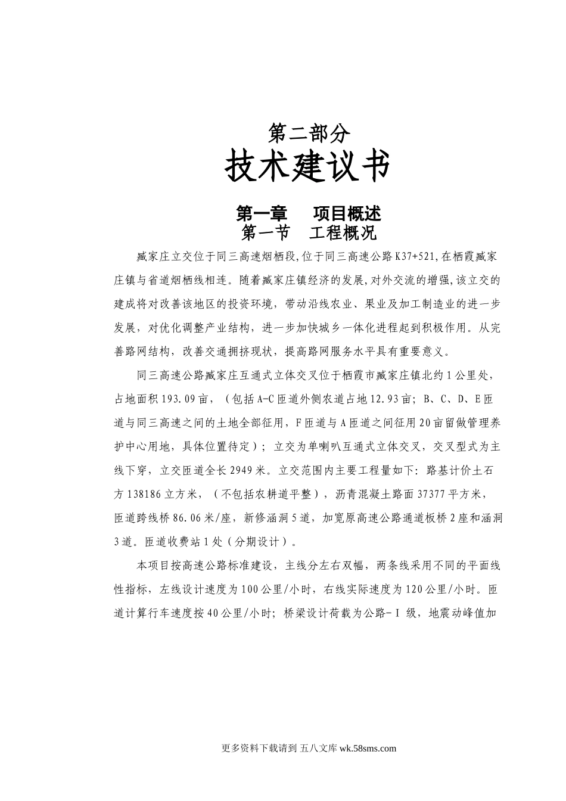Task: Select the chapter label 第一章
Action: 262,213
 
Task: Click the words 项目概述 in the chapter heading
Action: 347,213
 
